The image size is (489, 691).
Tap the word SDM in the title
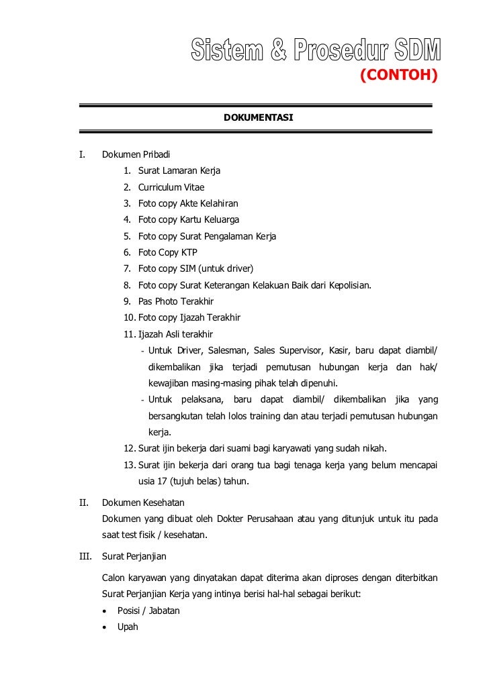click(414, 49)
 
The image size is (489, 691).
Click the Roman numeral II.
click(83, 502)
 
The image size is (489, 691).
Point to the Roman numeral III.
click(85, 556)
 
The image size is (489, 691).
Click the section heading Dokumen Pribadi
click(135, 155)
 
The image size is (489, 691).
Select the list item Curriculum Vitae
click(171, 187)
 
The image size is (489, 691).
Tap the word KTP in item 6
click(189, 252)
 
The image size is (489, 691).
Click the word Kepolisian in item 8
click(348, 285)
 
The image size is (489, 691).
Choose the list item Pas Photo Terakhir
click(175, 301)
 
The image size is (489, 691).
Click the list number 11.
click(128, 334)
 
